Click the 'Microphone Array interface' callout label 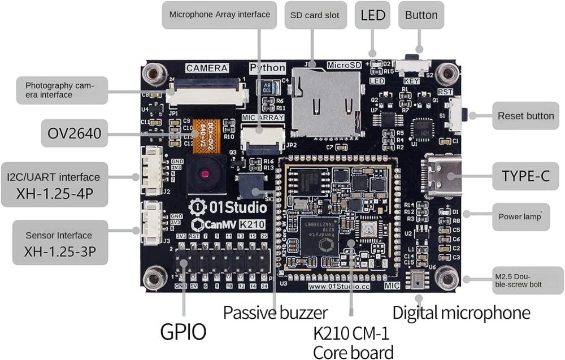coord(219,15)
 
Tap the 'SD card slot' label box coord(315,15)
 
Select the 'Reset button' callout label coord(525,116)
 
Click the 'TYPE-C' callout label coord(525,176)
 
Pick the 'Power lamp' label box coord(520,216)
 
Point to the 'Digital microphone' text coord(461,313)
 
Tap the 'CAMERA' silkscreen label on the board coord(207,68)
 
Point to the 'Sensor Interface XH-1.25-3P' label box coord(59,244)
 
